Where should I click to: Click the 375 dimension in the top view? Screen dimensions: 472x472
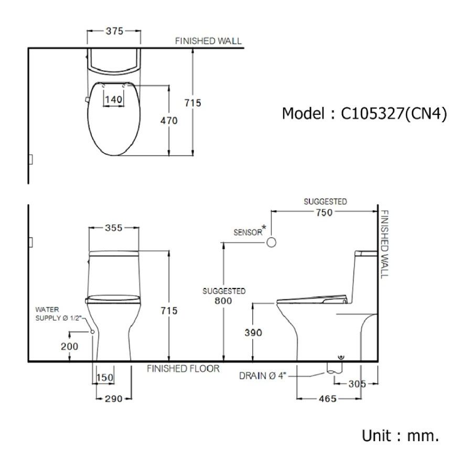(113, 31)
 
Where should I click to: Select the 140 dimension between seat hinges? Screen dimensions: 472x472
(113, 99)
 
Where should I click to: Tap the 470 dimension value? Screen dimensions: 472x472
(169, 121)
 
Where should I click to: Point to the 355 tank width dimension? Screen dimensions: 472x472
(113, 228)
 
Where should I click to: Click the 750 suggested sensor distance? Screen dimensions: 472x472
(325, 212)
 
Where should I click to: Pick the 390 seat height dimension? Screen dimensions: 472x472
(253, 332)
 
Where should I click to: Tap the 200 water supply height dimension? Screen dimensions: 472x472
(70, 346)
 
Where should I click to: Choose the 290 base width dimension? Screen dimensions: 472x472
(113, 399)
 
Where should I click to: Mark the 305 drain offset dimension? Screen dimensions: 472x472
(357, 384)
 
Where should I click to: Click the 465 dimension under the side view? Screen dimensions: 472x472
(327, 399)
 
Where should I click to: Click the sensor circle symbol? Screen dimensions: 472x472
(271, 242)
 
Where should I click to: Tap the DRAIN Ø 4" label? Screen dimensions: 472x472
(263, 376)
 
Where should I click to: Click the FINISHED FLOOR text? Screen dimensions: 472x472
(183, 369)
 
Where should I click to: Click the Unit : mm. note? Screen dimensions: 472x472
(400, 435)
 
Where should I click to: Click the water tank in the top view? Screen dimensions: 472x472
(113, 62)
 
